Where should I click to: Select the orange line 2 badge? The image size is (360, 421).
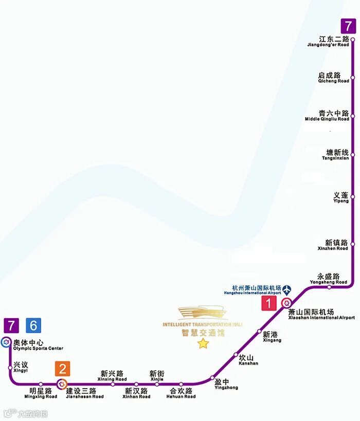coord(63,369)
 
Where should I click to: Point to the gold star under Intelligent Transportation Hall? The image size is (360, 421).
coord(203,343)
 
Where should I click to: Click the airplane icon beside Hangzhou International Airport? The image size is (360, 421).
coord(286,289)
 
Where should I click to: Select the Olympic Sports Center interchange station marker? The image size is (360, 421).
coord(6,341)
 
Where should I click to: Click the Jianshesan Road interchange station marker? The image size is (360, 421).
coord(62,383)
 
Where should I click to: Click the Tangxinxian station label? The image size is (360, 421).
coord(337,155)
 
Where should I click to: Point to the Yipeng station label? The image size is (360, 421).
coord(341,198)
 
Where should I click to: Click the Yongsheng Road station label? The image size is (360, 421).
coord(328,279)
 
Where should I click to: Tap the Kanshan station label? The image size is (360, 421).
coord(248,360)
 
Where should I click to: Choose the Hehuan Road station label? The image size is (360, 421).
coord(181,393)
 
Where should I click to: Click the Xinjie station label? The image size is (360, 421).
coord(157,376)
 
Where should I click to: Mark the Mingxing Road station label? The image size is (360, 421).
coord(41,393)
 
